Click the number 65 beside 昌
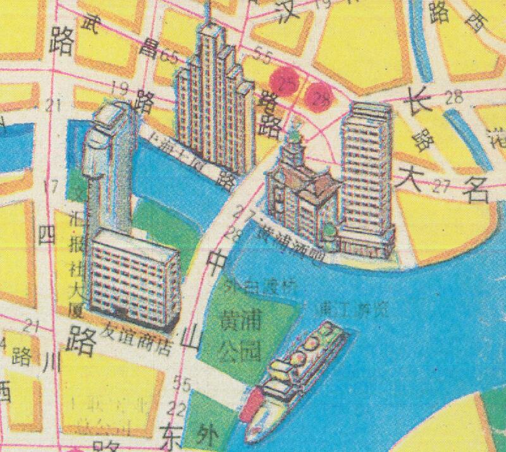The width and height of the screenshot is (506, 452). (x=169, y=56)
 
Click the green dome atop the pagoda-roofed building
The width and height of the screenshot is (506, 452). (x=295, y=135)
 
